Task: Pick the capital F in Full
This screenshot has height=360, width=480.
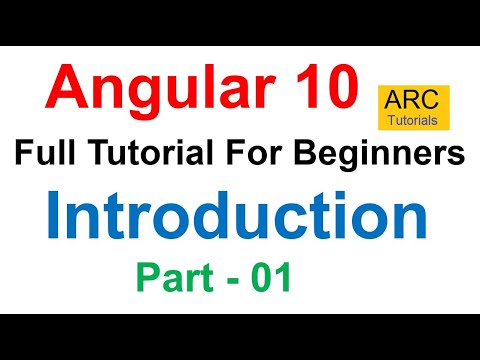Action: (x=22, y=155)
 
